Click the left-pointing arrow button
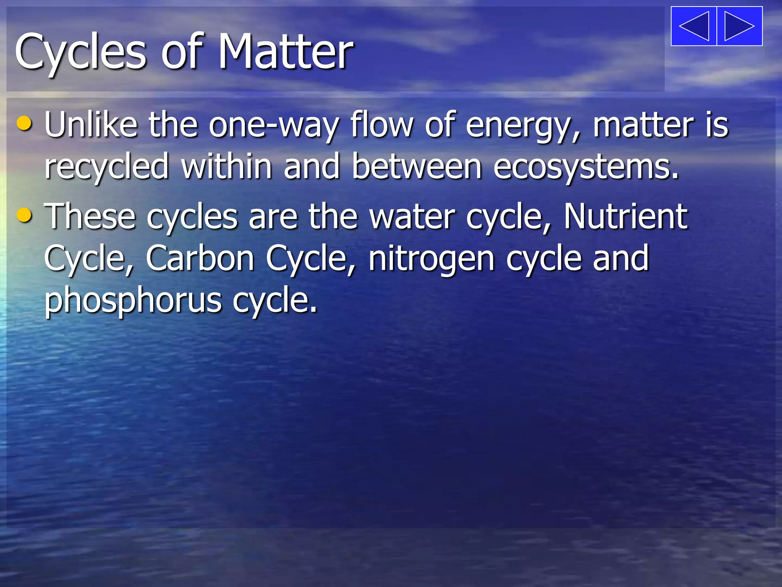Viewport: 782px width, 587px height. point(694,26)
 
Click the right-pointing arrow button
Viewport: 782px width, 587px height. point(740,26)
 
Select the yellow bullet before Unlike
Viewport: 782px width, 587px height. point(25,123)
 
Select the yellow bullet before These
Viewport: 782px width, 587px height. point(25,215)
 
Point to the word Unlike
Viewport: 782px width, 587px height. point(91,125)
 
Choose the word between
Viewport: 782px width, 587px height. point(417,167)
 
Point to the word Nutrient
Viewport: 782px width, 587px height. point(625,216)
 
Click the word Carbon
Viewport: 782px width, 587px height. point(200,259)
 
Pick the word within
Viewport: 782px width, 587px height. point(226,166)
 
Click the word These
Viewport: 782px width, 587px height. point(90,216)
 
